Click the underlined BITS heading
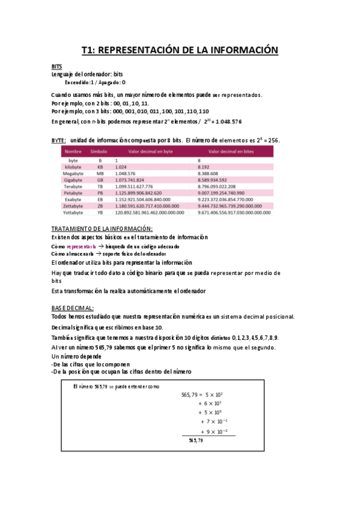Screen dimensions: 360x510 point(56,67)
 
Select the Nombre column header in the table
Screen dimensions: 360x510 point(73,152)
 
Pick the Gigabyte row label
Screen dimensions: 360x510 point(73,180)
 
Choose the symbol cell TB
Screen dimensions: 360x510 point(100,186)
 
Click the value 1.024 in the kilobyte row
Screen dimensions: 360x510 point(120,167)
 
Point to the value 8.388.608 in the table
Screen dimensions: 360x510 point(209,173)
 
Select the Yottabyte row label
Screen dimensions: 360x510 point(73,212)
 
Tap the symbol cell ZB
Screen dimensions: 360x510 point(100,206)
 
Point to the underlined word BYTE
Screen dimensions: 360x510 point(58,140)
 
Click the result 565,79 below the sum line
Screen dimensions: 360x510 point(196,441)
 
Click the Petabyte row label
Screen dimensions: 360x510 point(73,193)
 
